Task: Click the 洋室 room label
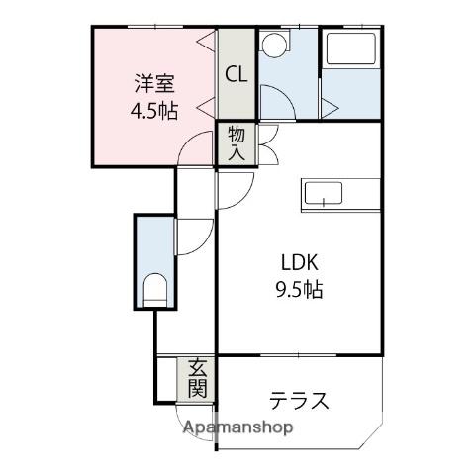click(x=154, y=84)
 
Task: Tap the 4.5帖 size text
click(x=154, y=111)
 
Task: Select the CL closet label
click(x=237, y=74)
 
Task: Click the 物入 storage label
click(x=237, y=143)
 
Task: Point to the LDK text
click(x=299, y=263)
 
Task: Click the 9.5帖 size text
click(x=299, y=290)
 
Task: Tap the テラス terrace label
click(x=299, y=400)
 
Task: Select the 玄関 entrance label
click(x=197, y=379)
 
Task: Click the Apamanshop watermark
click(x=237, y=427)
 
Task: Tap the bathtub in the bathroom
click(x=351, y=48)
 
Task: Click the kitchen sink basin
click(x=324, y=194)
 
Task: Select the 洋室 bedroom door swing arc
click(x=188, y=140)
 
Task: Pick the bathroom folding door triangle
click(x=330, y=107)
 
